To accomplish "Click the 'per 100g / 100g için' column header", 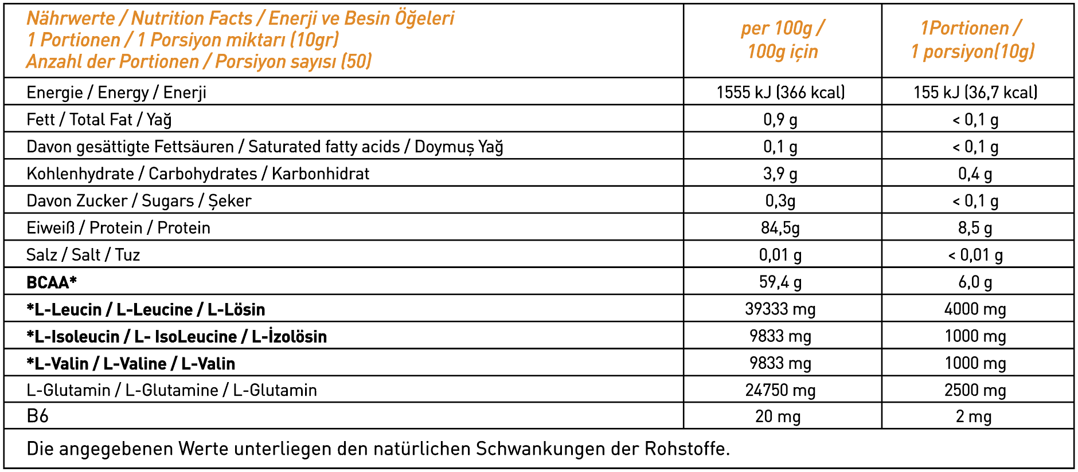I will [782, 40].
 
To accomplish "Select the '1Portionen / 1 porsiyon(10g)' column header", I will [972, 40].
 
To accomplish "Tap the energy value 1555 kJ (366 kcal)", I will [780, 92].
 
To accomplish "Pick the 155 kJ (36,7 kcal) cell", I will [975, 92].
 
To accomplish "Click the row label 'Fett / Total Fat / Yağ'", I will [99, 119].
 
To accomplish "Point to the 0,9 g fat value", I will [780, 119].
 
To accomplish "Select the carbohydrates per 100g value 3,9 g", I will [780, 174].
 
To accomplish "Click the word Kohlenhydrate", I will [80, 174].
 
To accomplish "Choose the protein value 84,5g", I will [780, 228].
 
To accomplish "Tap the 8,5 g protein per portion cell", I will [975, 228].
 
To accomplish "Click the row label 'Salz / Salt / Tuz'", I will [83, 255].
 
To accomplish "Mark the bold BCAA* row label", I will [52, 282].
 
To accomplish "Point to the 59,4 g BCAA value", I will [780, 282].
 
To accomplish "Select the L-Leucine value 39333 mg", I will [780, 309].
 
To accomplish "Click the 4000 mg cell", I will [975, 309].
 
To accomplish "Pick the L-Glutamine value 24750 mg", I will [780, 390].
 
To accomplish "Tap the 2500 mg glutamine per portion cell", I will [975, 390].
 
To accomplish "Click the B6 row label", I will [37, 416].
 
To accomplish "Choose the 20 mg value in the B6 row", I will [778, 416].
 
